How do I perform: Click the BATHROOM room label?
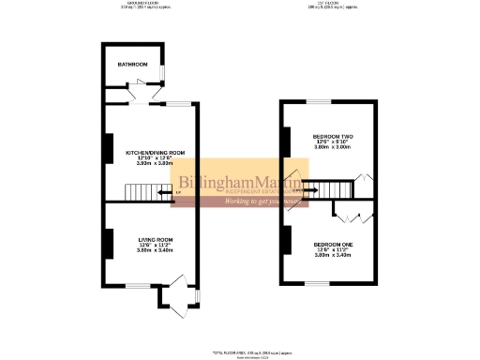point(132,65)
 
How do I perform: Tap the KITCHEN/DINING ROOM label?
point(156,152)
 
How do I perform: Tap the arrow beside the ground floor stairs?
point(164,194)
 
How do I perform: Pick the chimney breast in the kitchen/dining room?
point(109,148)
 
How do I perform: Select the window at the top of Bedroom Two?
point(319,101)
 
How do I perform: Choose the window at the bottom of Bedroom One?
point(319,282)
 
